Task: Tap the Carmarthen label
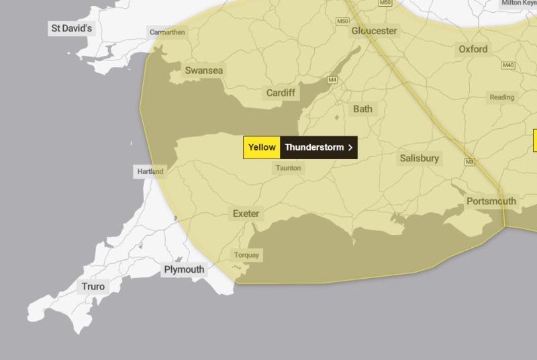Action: pos(166,32)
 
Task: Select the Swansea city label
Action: pos(204,71)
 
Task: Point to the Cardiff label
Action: pos(281,93)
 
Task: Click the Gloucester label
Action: pos(375,31)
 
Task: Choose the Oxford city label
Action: pos(473,49)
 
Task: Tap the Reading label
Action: pos(501,97)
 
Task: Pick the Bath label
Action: pos(362,109)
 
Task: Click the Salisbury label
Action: pos(420,159)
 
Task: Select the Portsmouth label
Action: pos(491,201)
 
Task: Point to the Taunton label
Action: pos(288,168)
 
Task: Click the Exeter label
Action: pos(246,214)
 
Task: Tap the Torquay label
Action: pos(246,255)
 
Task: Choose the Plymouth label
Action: pos(184,269)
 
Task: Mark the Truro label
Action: pos(93,287)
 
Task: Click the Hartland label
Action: pos(150,171)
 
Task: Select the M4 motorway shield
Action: pos(332,81)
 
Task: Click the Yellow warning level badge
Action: pos(262,147)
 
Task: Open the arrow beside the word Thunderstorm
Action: pos(350,147)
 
